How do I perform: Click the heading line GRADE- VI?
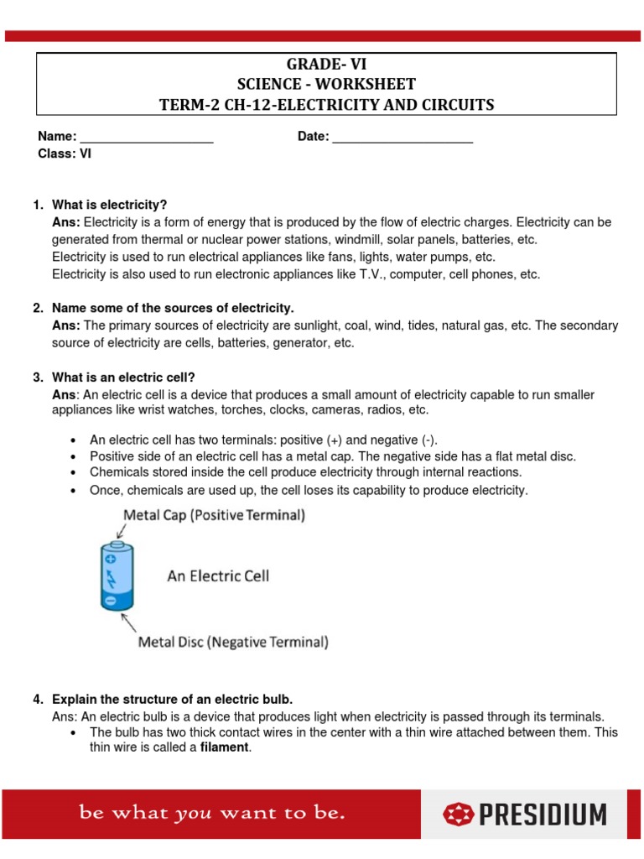pyautogui.click(x=327, y=65)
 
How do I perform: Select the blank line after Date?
pyautogui.click(x=402, y=138)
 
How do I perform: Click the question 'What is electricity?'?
pyautogui.click(x=110, y=206)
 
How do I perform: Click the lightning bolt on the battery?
pyautogui.click(x=110, y=576)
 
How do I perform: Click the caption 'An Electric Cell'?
pyautogui.click(x=218, y=576)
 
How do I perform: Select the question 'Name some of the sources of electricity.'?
pyautogui.click(x=173, y=309)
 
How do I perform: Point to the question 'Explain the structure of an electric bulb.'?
pyautogui.click(x=172, y=700)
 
